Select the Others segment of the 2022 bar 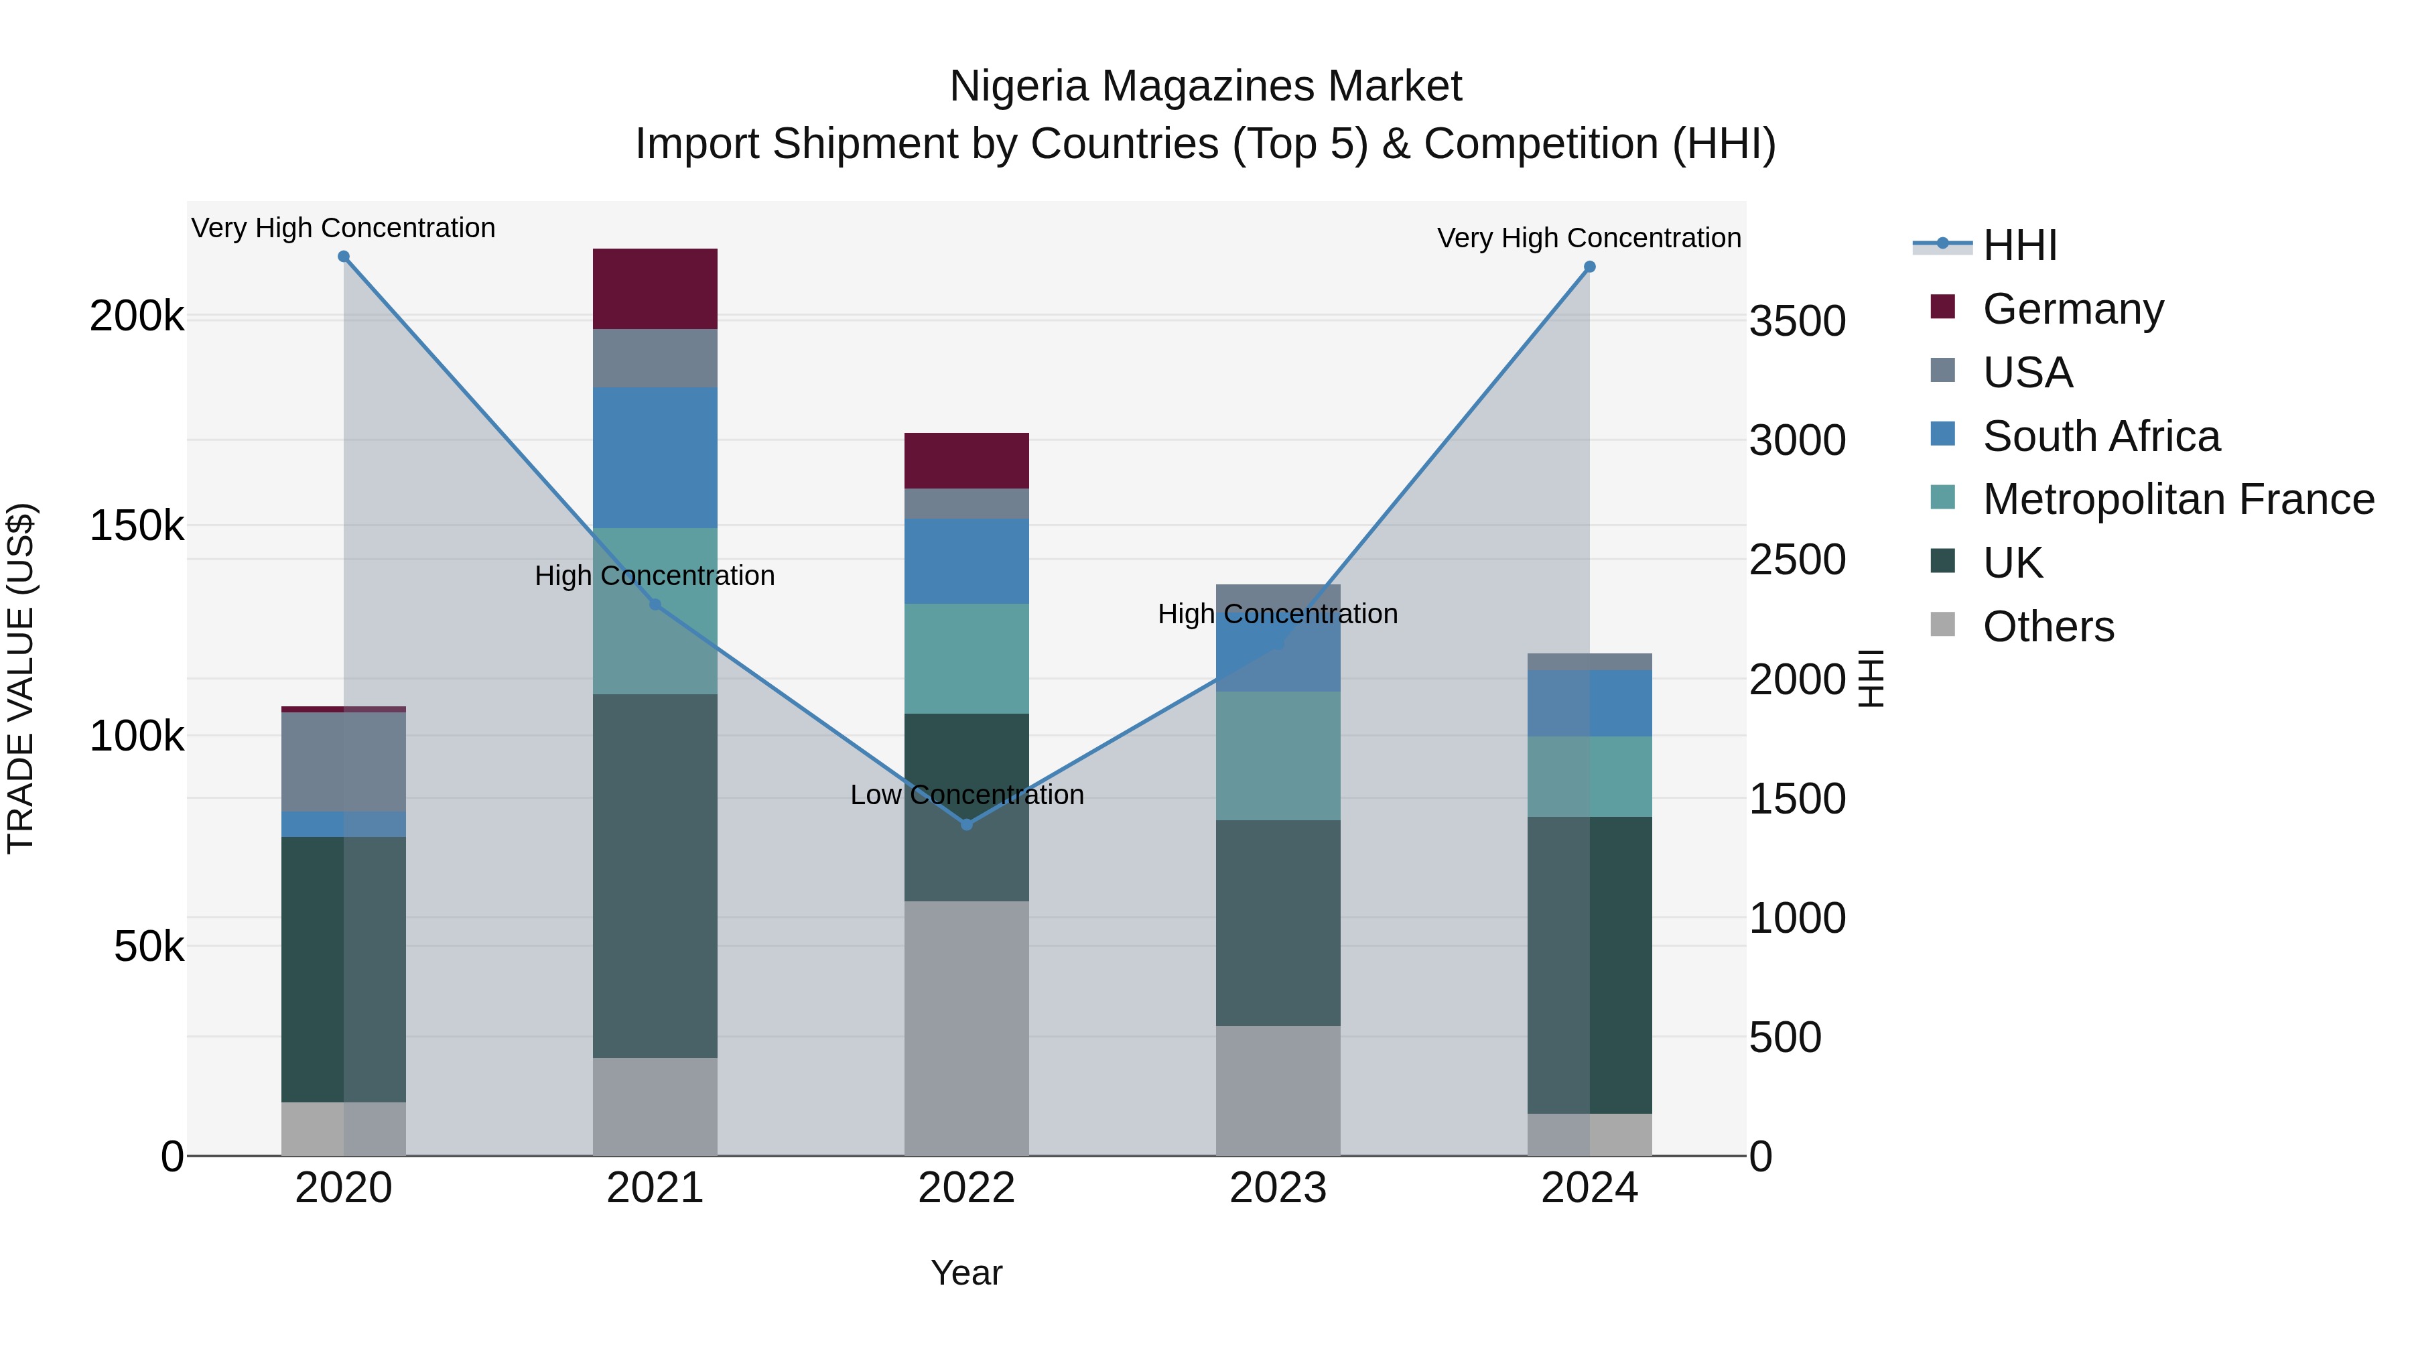pyautogui.click(x=966, y=1027)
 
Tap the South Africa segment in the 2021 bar pyautogui.click(x=655, y=457)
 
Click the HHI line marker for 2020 pyautogui.click(x=344, y=257)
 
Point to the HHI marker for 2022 pyautogui.click(x=966, y=824)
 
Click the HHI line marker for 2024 pyautogui.click(x=1589, y=267)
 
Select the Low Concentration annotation pyautogui.click(x=966, y=794)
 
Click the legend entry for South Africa pyautogui.click(x=2100, y=436)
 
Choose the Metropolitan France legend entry pyautogui.click(x=2178, y=499)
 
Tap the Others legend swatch pyautogui.click(x=1943, y=625)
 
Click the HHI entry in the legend pyautogui.click(x=2019, y=245)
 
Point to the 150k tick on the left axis pyautogui.click(x=137, y=526)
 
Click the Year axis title pyautogui.click(x=966, y=1273)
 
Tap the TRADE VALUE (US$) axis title pyautogui.click(x=21, y=678)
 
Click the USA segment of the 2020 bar pyautogui.click(x=344, y=761)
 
